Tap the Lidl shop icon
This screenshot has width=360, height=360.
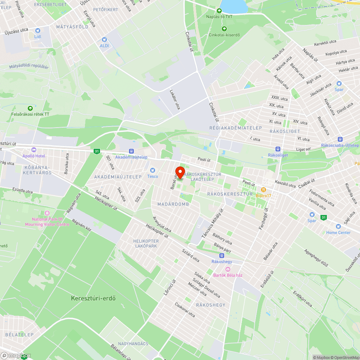coord(38,31)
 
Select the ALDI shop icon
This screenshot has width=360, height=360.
coord(104,40)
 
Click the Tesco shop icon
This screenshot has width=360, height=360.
coord(153,170)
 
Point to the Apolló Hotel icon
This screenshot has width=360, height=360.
coord(34,150)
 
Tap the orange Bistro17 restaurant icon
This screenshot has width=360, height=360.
coord(264,189)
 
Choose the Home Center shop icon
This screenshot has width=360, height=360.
coord(338,226)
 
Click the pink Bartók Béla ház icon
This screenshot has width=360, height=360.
coord(228,269)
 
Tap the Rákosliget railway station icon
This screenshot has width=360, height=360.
coord(278,149)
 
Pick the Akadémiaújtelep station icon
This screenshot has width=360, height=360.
coord(131,151)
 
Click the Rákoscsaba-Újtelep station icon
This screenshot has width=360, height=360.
coord(340,139)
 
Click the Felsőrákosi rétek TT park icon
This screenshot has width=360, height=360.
coord(30,108)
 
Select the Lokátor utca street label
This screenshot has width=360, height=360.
coord(175,99)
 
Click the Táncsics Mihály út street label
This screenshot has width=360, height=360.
coord(213,223)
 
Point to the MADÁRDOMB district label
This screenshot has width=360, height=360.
coord(173,204)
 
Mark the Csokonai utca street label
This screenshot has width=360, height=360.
coord(185,309)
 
